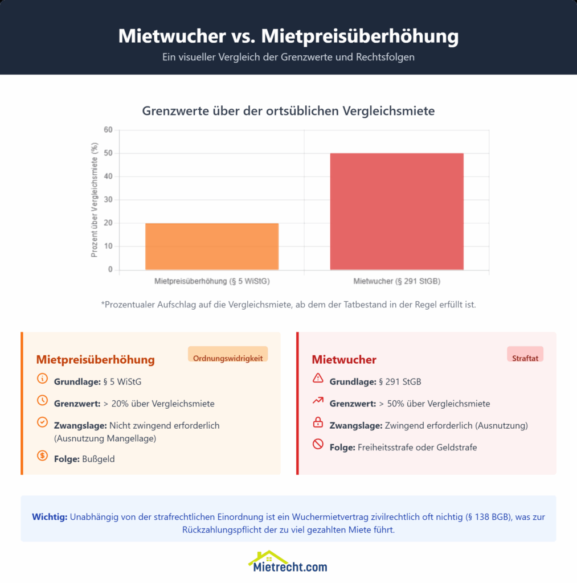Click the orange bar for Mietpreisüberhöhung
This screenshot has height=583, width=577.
[x=212, y=246]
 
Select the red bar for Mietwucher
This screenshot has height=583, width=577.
[x=396, y=211]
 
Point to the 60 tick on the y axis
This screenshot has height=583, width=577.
[x=108, y=130]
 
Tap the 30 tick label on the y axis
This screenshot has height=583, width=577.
[x=108, y=200]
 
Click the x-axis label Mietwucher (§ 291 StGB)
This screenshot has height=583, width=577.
[x=396, y=281]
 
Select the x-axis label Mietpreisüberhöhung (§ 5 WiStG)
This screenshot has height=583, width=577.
[x=212, y=281]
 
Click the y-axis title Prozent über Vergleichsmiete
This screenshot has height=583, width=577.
[x=95, y=200]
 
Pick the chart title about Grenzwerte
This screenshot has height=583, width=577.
[x=288, y=111]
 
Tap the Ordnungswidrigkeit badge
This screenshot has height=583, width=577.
[x=228, y=358]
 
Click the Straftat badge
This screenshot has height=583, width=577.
[x=525, y=358]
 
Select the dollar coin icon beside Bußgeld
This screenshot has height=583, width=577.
[x=42, y=455]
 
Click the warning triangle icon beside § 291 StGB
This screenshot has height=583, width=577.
[x=318, y=378]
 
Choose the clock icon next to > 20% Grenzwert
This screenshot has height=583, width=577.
[x=42, y=400]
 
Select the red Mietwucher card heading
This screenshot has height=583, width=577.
[x=343, y=360]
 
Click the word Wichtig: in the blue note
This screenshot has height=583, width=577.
[x=50, y=517]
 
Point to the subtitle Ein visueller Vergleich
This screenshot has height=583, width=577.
[x=288, y=57]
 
